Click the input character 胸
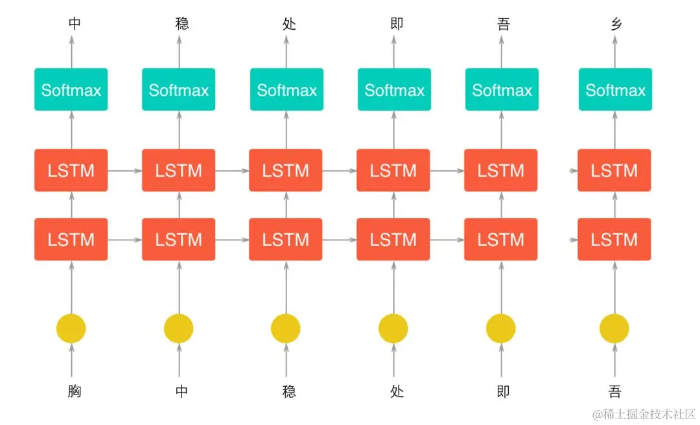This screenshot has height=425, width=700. [75, 391]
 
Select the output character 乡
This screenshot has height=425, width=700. [614, 24]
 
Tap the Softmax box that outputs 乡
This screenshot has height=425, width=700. [615, 89]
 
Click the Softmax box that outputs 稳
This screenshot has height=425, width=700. [179, 89]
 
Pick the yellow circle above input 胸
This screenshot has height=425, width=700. [71, 328]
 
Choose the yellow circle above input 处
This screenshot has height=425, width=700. [393, 328]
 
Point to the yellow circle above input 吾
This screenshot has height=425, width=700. [614, 328]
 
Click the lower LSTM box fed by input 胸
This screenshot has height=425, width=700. [71, 240]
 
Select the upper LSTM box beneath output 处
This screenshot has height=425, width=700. [286, 170]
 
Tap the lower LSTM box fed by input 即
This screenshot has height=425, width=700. [501, 240]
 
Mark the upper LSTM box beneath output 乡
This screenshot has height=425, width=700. [614, 170]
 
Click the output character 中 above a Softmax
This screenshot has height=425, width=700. [75, 24]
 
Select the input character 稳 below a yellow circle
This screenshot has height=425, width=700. [289, 391]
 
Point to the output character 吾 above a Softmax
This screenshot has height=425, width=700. [504, 24]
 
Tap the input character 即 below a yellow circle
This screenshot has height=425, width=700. [504, 391]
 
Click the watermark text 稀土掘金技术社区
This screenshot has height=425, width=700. [648, 413]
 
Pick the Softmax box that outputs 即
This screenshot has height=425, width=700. [394, 89]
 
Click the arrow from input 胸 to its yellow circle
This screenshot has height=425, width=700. [71, 362]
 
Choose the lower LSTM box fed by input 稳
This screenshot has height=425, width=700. [286, 240]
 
